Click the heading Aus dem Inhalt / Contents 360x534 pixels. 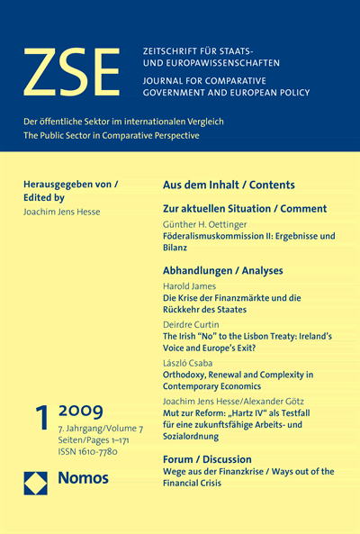tap(229, 185)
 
